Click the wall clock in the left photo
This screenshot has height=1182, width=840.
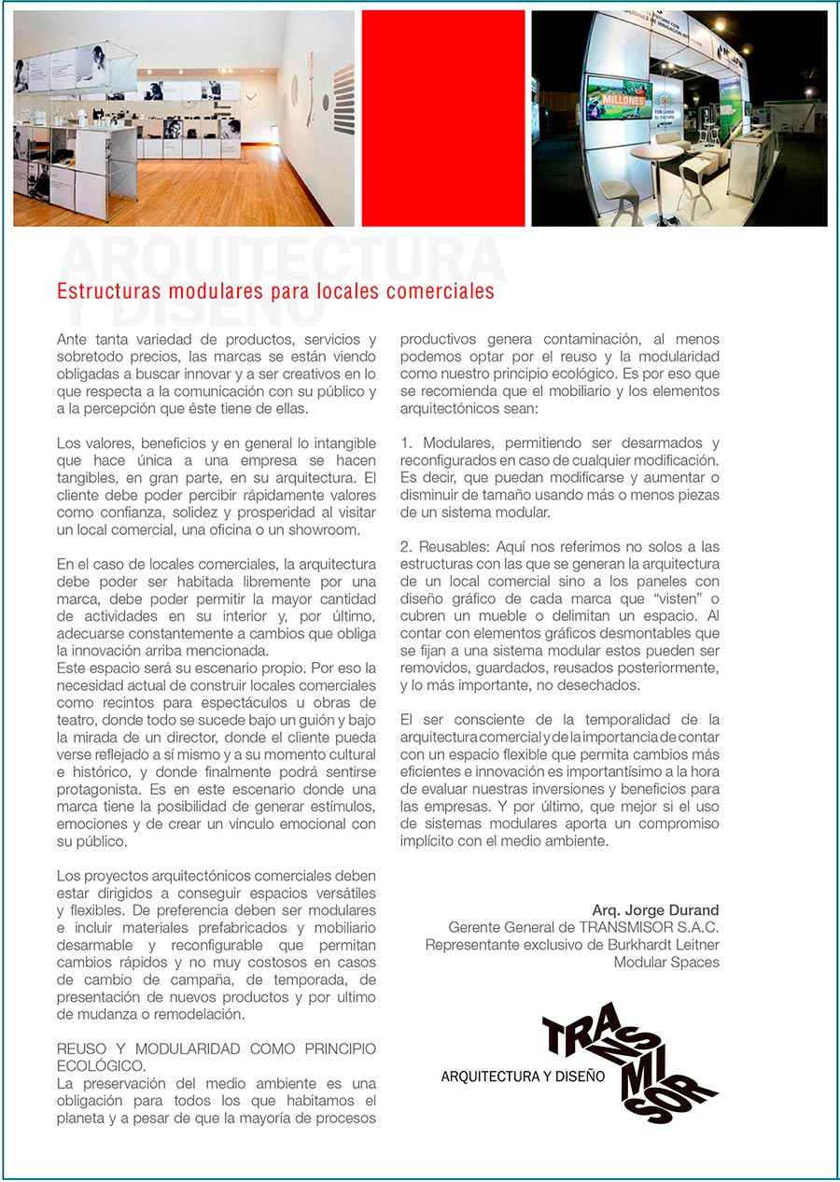(x=252, y=97)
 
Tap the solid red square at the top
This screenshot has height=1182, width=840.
(x=442, y=119)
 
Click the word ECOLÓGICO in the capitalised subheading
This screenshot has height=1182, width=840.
(x=100, y=1065)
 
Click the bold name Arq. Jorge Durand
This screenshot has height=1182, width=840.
(x=655, y=910)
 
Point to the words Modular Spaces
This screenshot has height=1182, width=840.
(x=666, y=962)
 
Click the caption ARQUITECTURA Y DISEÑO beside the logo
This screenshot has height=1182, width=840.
(x=523, y=1076)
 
